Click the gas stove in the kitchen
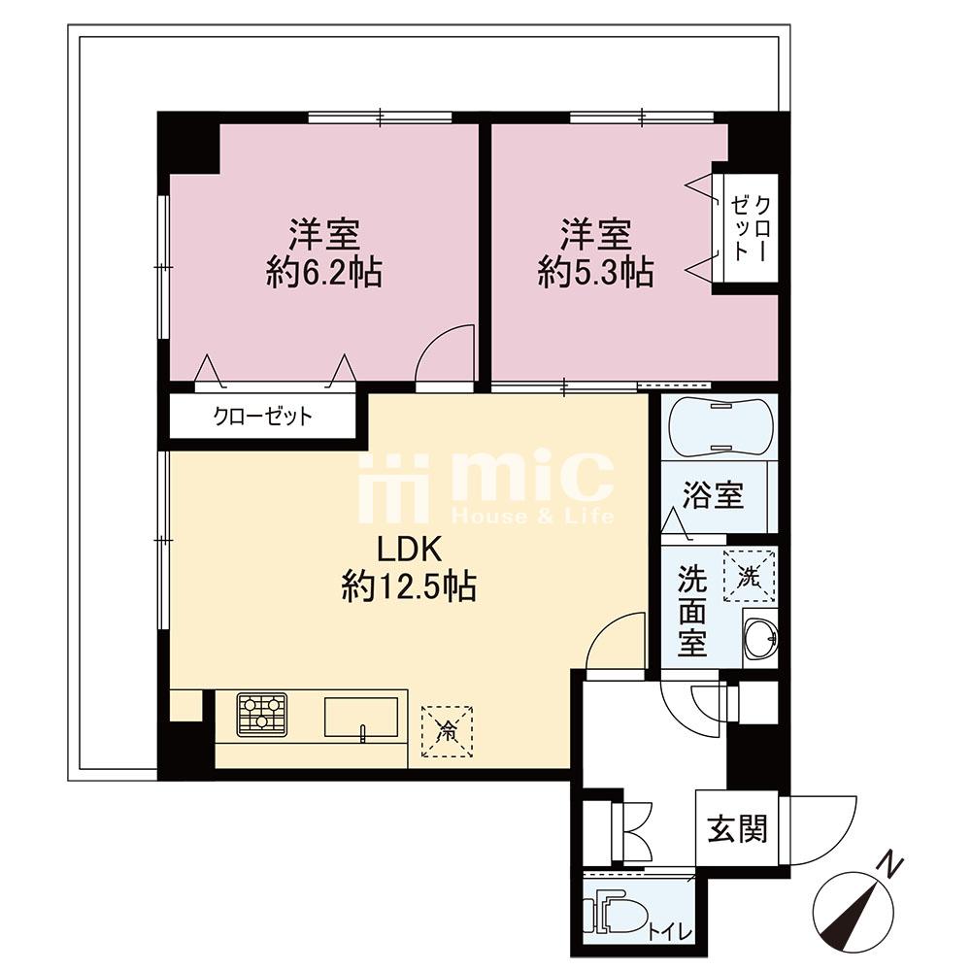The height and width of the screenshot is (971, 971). pyautogui.click(x=262, y=715)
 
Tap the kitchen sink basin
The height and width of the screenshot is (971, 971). pyautogui.click(x=361, y=718)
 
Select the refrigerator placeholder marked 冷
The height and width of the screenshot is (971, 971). pyautogui.click(x=447, y=731)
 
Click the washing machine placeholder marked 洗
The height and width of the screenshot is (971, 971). pyautogui.click(x=750, y=575)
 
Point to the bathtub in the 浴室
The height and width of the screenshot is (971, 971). pyautogui.click(x=719, y=427)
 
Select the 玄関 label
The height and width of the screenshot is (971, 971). pyautogui.click(x=738, y=828)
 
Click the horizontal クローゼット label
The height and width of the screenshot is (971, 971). pyautogui.click(x=262, y=417)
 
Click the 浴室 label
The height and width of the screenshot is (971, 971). pyautogui.click(x=714, y=494)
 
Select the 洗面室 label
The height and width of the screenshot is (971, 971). pyautogui.click(x=691, y=611)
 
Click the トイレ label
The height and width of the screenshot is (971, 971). pyautogui.click(x=670, y=932)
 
